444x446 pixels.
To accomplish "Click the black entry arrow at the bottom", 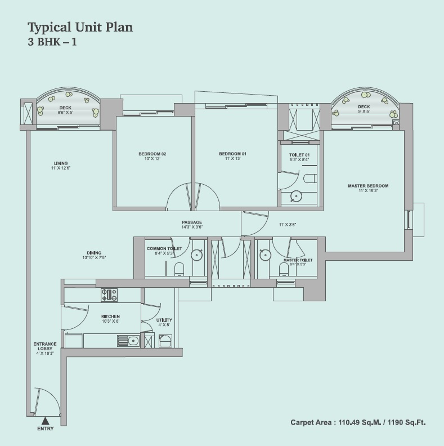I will click(46, 420).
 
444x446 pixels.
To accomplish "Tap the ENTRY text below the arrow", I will click(46, 429).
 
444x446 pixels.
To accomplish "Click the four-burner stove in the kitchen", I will click(109, 295).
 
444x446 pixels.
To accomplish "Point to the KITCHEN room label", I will click(111, 316).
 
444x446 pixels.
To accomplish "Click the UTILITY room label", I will click(164, 320).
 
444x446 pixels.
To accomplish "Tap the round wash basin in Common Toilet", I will click(196, 254).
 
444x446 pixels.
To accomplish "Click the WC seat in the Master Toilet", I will click(284, 270).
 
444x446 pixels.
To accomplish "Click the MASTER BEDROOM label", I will click(368, 186).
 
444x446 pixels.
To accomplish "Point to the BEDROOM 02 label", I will click(152, 154).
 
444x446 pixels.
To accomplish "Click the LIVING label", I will click(57, 163).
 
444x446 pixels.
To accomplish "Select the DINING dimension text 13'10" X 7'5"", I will click(93, 257).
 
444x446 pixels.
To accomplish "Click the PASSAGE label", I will click(192, 222).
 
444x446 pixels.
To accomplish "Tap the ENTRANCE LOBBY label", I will click(45, 346).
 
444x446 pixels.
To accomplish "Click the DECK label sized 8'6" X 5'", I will click(65, 107).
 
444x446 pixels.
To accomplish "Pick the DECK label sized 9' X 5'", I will click(364, 106).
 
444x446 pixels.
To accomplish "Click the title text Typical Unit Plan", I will click(80, 26).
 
